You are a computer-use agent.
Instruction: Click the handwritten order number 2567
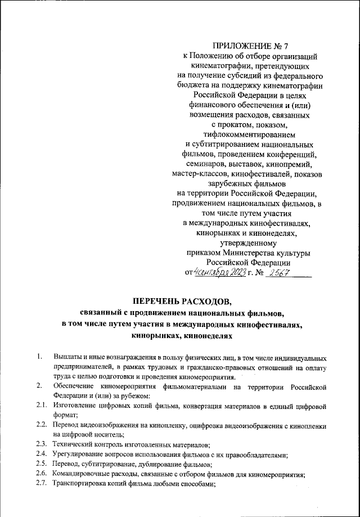(x=279, y=273)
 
